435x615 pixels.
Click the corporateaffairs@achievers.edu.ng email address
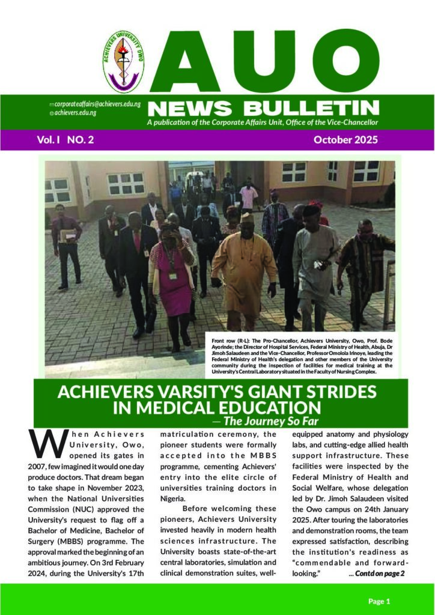pos(97,104)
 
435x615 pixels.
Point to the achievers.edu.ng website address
pos(76,113)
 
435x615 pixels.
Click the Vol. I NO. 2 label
pos(65,140)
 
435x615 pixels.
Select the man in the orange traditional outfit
pos(245,267)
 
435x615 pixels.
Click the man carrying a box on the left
pos(67,243)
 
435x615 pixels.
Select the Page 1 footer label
pos(379,601)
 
